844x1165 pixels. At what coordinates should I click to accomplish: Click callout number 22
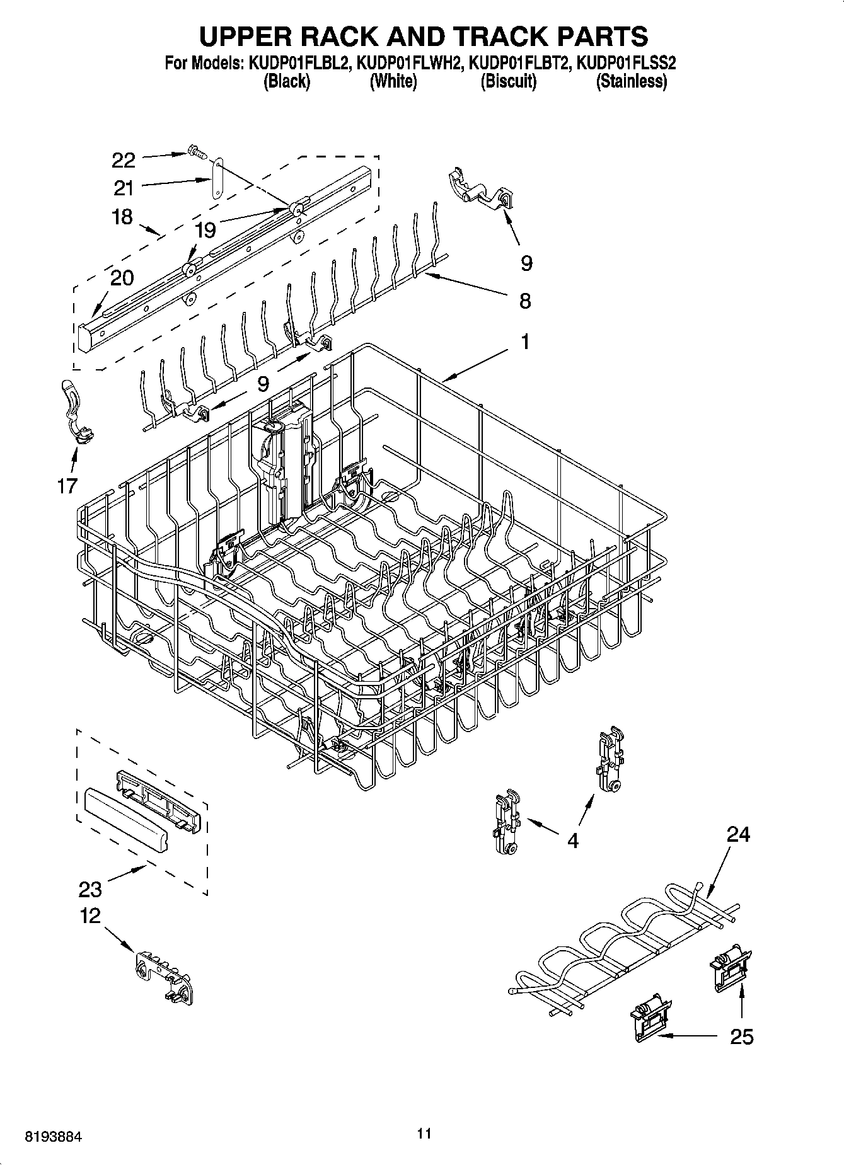coord(123,160)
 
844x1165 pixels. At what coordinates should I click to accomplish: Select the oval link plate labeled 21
coord(217,179)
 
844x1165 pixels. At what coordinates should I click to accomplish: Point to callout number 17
coord(67,485)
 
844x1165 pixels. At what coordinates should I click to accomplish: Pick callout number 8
coord(524,301)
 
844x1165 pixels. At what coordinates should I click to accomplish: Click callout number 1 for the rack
coord(524,342)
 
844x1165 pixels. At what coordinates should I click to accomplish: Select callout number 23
coord(90,889)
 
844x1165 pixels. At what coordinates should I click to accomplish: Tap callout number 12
coord(90,915)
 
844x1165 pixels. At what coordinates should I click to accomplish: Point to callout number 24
coord(738,834)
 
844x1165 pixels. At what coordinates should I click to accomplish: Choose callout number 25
coord(741,1036)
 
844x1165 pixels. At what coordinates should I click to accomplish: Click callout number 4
coord(572,840)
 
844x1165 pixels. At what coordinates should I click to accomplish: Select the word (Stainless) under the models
coord(631,81)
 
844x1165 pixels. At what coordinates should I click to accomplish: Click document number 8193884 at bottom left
coord(53,1137)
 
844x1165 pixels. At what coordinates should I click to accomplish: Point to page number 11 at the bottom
coord(424,1133)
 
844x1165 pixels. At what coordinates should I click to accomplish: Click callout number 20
coord(123,277)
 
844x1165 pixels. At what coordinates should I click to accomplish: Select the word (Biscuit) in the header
coord(508,81)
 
